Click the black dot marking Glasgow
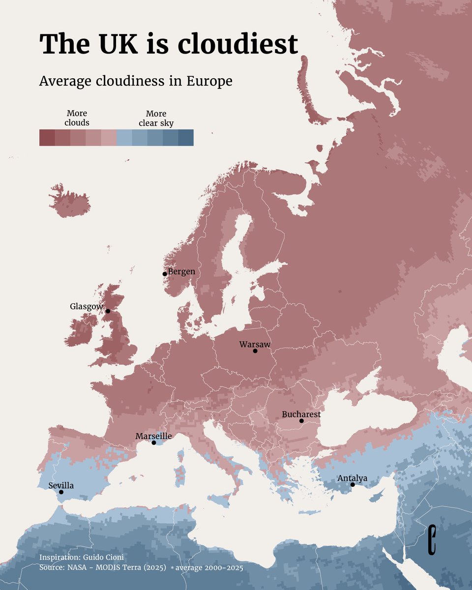[x=108, y=311]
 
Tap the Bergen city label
[x=181, y=271]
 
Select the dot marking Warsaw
[x=255, y=351]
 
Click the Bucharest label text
[x=301, y=414]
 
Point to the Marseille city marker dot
[x=153, y=443]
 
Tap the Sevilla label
[x=61, y=485]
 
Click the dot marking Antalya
[x=353, y=485]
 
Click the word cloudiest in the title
[x=238, y=44]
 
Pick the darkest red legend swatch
[x=47, y=138]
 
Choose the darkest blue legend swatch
[x=186, y=138]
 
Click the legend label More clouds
[x=77, y=118]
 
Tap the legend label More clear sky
[x=156, y=118]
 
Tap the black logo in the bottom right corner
[x=432, y=540]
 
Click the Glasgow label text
[x=86, y=306]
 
